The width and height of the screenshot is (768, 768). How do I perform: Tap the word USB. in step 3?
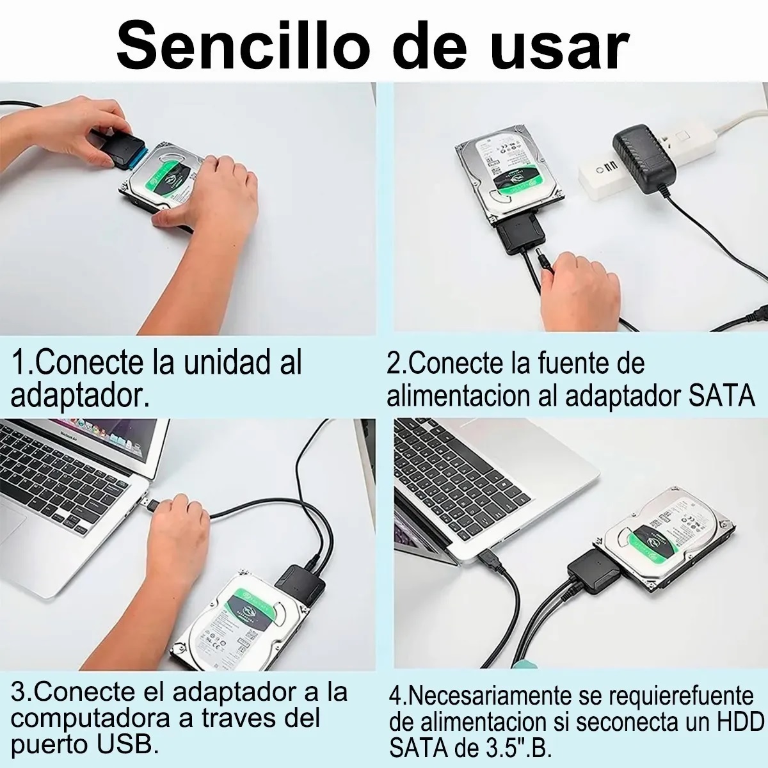[x=129, y=745]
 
